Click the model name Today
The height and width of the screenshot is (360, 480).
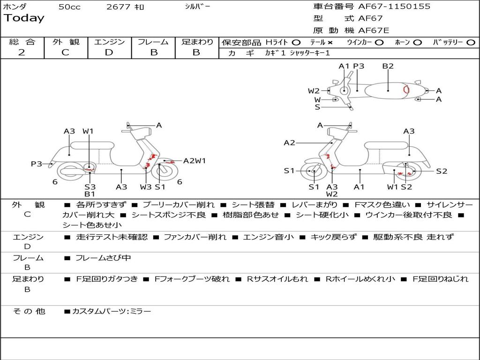pos(24,18)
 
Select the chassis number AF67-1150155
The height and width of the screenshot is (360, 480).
pos(388,7)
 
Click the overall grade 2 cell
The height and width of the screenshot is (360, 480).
pos(22,52)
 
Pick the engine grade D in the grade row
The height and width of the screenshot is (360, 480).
pos(109,52)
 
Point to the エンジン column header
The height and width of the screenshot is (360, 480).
pos(109,42)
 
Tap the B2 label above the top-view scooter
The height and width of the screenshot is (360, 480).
pos(388,66)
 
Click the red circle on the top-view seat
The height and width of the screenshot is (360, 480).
pos(406,89)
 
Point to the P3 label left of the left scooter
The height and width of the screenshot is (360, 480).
pos(37,164)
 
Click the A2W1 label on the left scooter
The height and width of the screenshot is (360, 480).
pos(195,161)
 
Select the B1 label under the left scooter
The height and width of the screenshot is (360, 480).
pos(90,194)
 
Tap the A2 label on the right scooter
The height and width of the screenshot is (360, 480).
pos(289,142)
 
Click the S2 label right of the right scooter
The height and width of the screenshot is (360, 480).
pos(442,171)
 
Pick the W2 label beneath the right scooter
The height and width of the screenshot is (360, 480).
pos(332,194)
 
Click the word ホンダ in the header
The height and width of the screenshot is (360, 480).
pos(15,7)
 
